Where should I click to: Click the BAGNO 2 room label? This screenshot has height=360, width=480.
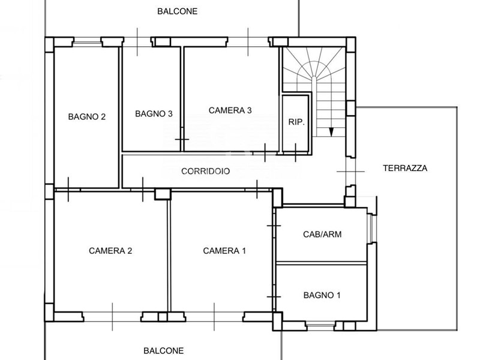click(x=86, y=116)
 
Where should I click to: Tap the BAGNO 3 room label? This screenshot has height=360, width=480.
click(x=154, y=114)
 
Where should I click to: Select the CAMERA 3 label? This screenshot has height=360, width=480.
click(x=230, y=110)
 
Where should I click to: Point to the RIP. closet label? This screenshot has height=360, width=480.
click(x=296, y=122)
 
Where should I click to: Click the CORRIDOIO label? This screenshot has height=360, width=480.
click(x=205, y=171)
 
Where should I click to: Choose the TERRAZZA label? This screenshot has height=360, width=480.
click(x=405, y=168)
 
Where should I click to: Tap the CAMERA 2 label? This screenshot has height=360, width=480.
click(x=110, y=251)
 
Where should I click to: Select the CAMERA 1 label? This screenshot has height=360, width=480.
click(x=224, y=251)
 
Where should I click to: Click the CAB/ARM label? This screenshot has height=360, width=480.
click(x=322, y=234)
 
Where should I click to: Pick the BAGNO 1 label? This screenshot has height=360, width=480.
click(x=322, y=295)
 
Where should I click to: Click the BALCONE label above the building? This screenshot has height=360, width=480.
click(x=177, y=11)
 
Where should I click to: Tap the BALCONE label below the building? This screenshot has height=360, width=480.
click(x=163, y=350)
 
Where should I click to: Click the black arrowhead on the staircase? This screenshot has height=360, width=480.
click(x=331, y=132)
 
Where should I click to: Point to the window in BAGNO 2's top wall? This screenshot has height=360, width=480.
click(x=87, y=43)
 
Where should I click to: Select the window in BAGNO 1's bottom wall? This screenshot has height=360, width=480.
click(x=320, y=325)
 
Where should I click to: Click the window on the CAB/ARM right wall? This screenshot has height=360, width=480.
click(x=371, y=228)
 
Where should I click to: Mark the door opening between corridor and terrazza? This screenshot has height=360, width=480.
click(x=350, y=172)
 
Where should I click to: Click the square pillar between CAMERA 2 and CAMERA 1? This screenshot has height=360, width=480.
click(x=163, y=194)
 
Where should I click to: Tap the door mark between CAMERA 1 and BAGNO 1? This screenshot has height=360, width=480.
click(x=274, y=297)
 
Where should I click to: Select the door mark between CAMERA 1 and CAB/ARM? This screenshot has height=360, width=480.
click(x=274, y=226)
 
